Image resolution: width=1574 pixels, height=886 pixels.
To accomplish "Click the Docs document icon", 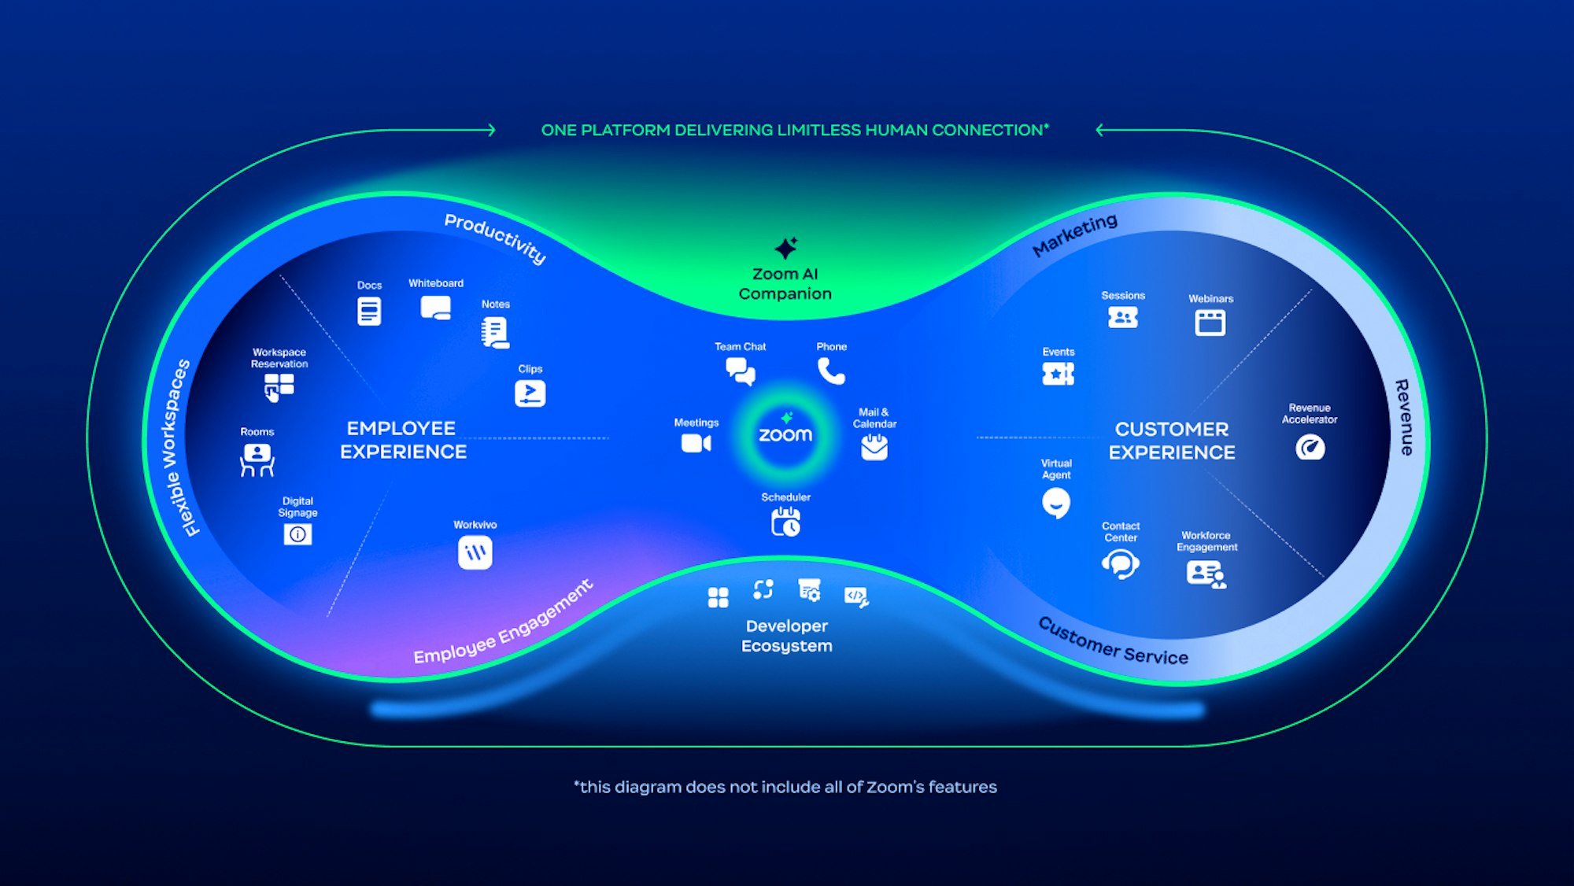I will (369, 311).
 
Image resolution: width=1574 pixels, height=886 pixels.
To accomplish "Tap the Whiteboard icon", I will (436, 308).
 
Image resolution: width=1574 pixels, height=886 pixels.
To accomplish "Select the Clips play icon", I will (530, 393).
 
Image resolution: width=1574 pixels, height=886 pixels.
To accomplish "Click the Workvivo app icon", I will (475, 552).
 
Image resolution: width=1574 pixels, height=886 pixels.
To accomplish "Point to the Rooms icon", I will (257, 460).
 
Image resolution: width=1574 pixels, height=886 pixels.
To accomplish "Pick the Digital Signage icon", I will (297, 534).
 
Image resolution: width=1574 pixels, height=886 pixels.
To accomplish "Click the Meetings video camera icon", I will (696, 444).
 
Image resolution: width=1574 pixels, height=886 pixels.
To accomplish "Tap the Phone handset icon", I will (831, 371).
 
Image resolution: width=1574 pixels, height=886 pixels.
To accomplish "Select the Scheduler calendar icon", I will (785, 522).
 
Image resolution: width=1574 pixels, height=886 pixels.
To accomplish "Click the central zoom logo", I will (785, 434).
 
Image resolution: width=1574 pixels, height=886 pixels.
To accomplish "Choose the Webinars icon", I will (1210, 323).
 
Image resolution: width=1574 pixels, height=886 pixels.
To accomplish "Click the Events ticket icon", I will (1058, 374).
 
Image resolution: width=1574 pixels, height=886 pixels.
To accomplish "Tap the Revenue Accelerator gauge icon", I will (1310, 448).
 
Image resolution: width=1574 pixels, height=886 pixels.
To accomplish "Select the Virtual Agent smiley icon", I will (1055, 503).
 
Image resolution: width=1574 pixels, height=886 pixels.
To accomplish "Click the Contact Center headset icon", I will (1120, 563).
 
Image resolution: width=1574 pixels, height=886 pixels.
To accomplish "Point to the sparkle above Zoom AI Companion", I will (785, 248).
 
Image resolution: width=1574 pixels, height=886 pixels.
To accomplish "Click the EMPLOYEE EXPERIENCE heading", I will (403, 440).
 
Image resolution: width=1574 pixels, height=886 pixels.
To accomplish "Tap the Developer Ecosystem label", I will (786, 636).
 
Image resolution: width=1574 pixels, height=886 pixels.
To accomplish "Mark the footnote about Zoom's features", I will (785, 787).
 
